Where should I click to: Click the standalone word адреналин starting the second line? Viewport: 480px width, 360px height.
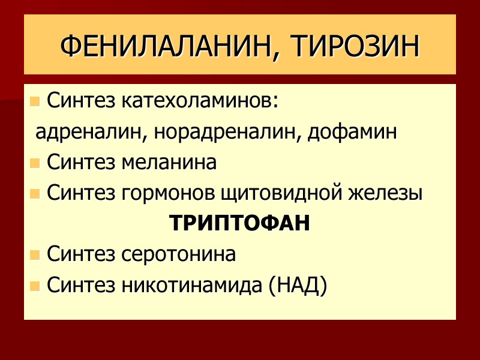[86, 132]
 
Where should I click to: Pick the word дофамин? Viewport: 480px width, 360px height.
[352, 132]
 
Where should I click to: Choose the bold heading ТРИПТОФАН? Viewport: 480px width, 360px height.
[240, 224]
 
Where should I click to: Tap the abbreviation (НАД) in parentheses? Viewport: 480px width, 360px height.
[298, 286]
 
